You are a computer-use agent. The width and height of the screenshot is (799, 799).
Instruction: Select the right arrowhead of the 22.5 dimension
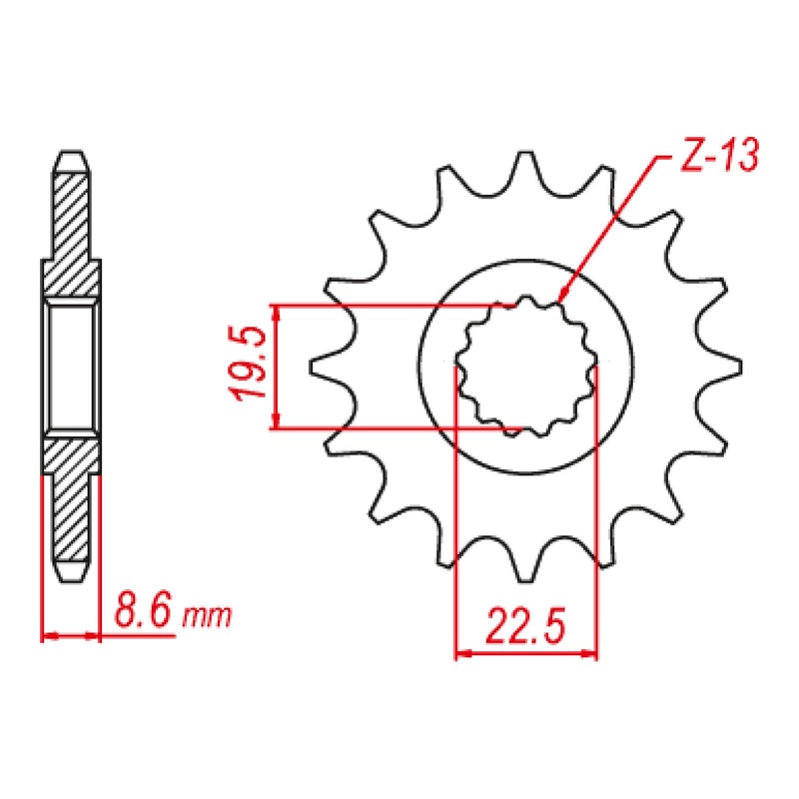(x=593, y=656)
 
